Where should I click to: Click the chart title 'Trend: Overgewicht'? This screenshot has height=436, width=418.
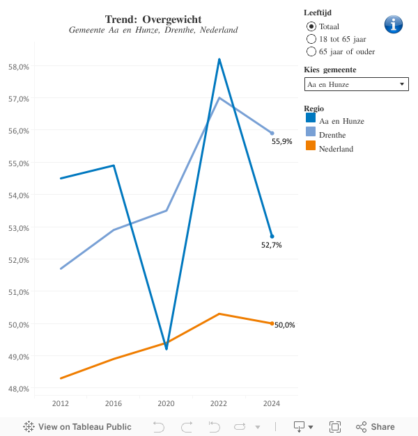(153, 19)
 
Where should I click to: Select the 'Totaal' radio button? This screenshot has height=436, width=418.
(311, 26)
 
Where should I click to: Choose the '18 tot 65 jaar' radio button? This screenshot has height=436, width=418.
(311, 39)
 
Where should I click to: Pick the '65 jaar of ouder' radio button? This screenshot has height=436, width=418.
(311, 51)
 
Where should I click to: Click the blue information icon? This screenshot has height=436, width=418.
(394, 24)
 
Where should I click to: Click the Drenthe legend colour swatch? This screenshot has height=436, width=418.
(311, 134)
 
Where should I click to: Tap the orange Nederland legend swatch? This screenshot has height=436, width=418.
(311, 147)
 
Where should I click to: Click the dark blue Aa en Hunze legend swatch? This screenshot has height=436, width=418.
(311, 120)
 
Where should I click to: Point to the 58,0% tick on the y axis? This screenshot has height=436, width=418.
(18, 66)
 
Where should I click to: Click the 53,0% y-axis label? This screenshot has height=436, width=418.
(18, 227)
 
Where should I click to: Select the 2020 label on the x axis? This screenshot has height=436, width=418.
(167, 403)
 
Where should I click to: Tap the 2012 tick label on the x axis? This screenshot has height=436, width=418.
(60, 403)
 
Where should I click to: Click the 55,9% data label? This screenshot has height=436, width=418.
(281, 141)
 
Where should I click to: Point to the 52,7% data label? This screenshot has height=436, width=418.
(272, 245)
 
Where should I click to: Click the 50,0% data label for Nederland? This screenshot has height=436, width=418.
(285, 325)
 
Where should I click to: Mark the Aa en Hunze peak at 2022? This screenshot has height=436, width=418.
(219, 60)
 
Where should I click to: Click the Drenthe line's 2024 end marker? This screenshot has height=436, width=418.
(272, 133)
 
